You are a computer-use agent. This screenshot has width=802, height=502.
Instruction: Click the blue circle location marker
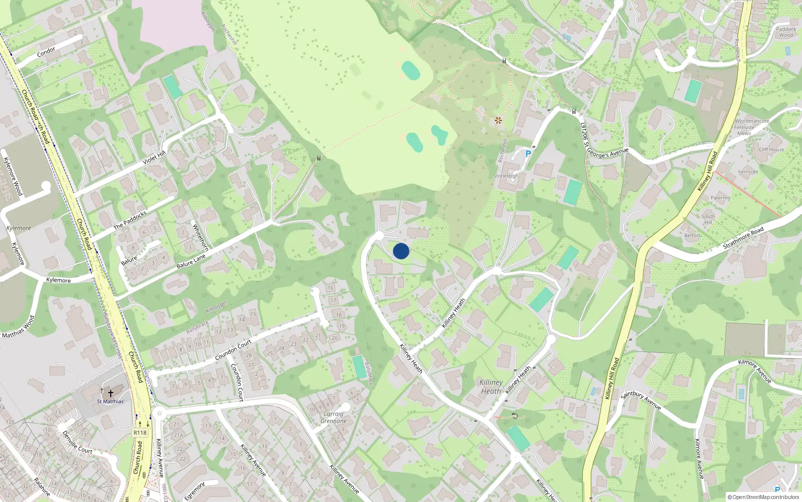[x=401, y=251]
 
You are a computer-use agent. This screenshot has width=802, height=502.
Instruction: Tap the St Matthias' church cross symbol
[x=111, y=394]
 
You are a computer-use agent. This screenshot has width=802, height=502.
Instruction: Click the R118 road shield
[x=140, y=433]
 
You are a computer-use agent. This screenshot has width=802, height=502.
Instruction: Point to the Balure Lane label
[x=191, y=261]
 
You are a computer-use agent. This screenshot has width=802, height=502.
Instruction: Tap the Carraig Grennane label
[x=333, y=418]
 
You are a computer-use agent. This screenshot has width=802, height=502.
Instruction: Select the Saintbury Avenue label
[x=641, y=400]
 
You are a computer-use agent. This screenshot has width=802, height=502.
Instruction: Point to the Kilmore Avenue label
[x=754, y=371]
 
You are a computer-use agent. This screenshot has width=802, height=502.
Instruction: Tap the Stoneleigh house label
[x=506, y=176]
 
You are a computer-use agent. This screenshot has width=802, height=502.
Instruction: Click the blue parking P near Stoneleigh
[x=528, y=154]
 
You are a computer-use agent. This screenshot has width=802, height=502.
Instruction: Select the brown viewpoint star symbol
[x=498, y=120]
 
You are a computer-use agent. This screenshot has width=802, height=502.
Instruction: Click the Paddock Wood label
[x=785, y=32]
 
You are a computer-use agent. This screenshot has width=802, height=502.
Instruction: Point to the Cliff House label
[x=771, y=150]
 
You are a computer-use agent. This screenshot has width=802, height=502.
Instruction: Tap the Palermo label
[x=720, y=198]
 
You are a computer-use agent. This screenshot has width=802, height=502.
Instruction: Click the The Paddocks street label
[x=130, y=220]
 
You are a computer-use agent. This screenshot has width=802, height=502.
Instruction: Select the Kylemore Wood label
[x=13, y=176]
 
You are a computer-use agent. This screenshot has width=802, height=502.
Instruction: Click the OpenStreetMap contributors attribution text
[x=763, y=497]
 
